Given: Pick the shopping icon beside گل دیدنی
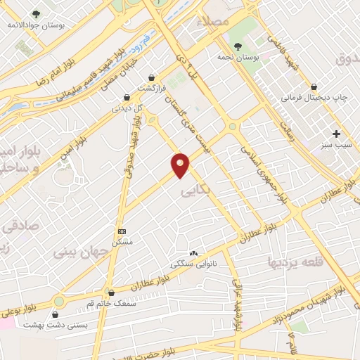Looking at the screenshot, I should [x=127, y=97].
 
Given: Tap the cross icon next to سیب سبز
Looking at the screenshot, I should [x=337, y=134].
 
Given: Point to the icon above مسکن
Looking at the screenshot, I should [x=122, y=231].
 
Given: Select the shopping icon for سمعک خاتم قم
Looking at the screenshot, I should [x=111, y=292].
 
